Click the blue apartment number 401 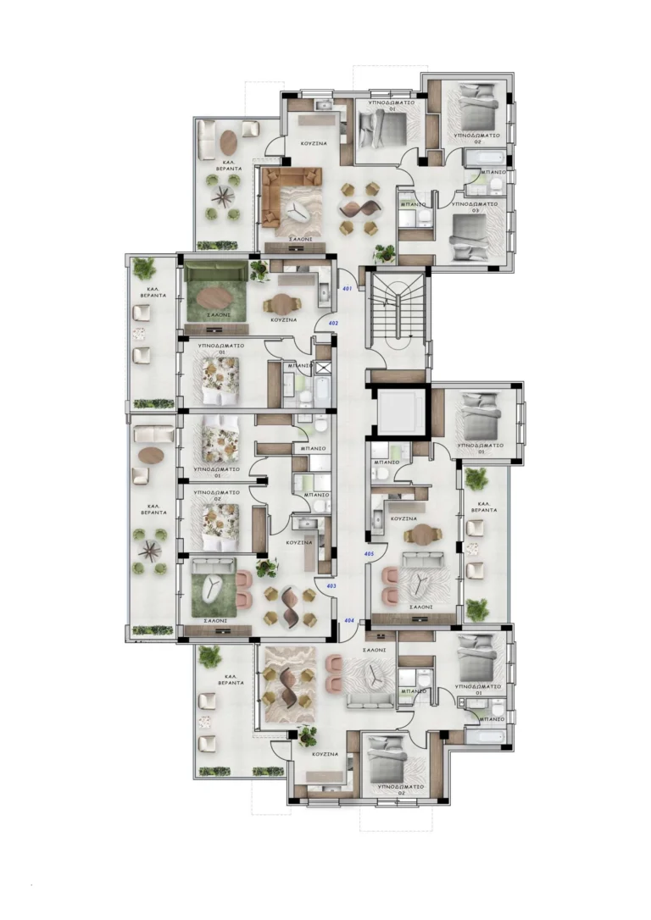347,290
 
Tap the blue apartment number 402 333,324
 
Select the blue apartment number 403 331,585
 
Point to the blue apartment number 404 349,620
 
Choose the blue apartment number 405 369,554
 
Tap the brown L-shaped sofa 292,200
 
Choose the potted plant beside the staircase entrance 384,252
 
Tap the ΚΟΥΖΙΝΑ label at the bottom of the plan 325,753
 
